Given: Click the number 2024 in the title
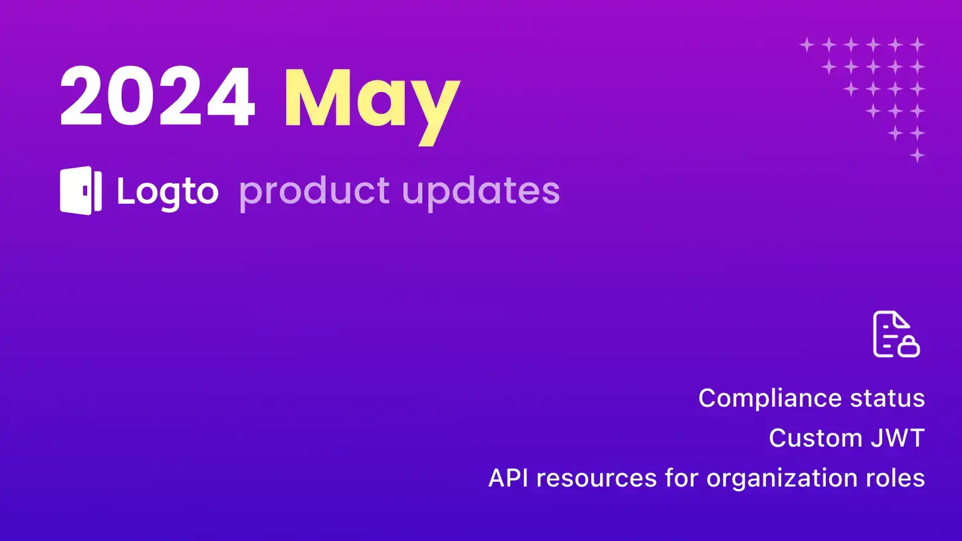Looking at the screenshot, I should (157, 97).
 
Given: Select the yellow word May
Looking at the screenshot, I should (371, 100).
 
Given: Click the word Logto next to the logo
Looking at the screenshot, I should (168, 192).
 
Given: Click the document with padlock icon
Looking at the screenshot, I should (895, 334).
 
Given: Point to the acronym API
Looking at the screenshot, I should (508, 478).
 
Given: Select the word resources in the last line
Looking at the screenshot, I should (596, 478).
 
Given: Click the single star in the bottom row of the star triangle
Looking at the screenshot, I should (917, 155).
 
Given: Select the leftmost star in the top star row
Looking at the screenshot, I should (807, 44).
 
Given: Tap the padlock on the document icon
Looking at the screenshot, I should (909, 347).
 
